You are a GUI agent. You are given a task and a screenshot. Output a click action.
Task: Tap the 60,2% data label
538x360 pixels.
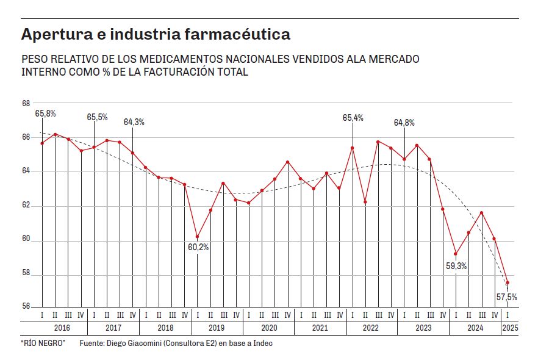click(199, 247)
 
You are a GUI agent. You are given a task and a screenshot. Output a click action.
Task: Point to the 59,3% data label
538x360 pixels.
click(456, 266)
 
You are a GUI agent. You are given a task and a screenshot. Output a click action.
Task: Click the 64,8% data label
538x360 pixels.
click(404, 122)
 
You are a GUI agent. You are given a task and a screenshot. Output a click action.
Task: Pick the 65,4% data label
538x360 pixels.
click(353, 118)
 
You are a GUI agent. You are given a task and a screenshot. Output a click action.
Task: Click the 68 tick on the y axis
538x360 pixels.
click(26, 103)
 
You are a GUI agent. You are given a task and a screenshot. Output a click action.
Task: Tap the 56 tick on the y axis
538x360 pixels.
click(26, 307)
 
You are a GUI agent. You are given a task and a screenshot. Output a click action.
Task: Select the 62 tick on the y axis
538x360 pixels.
click(26, 206)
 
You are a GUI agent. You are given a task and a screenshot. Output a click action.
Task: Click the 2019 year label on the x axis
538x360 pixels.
click(217, 328)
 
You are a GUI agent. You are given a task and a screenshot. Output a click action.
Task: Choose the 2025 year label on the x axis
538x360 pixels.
click(509, 328)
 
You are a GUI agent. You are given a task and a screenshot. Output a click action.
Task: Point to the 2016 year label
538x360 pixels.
click(62, 328)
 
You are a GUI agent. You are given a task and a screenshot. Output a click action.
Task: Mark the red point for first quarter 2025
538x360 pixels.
click(508, 283)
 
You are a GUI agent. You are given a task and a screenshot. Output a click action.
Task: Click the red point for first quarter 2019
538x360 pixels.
click(197, 237)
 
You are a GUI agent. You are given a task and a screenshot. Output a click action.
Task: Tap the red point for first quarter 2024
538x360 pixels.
click(456, 254)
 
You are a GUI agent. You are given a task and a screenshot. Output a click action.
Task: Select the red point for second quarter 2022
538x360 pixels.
click(365, 202)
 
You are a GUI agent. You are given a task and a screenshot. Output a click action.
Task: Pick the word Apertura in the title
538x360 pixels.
click(50, 35)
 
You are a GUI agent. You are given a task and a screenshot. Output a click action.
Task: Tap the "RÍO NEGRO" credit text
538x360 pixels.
click(43, 344)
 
